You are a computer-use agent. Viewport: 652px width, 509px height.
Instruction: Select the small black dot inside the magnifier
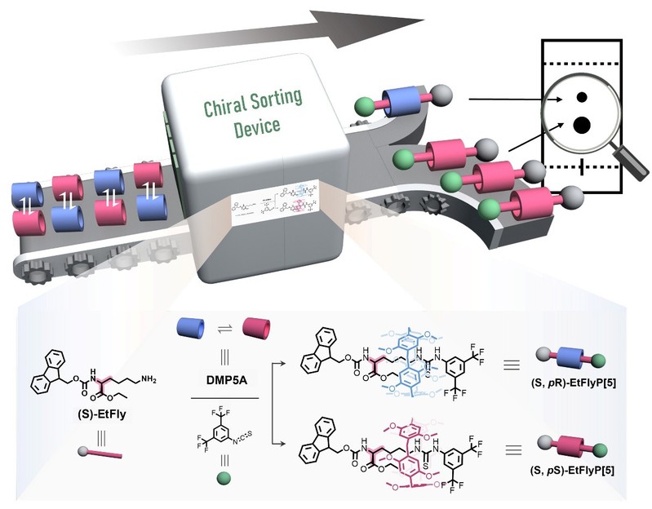582,97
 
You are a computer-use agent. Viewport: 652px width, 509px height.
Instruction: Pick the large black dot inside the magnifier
582,125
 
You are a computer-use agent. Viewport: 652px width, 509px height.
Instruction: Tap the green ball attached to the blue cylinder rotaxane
365,104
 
